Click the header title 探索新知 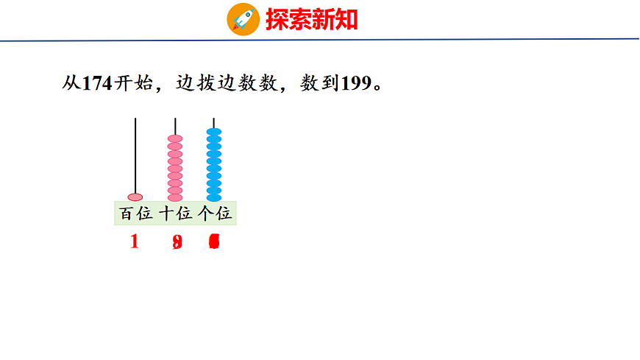(x=312, y=19)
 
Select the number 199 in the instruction (x=357, y=83)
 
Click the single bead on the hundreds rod (x=135, y=197)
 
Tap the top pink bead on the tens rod (x=175, y=138)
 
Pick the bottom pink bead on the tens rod (x=175, y=197)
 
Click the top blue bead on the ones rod (x=214, y=133)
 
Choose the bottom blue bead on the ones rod (x=214, y=197)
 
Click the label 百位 (x=135, y=214)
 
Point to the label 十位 (x=175, y=214)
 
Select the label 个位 (x=215, y=214)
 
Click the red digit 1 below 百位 (x=134, y=241)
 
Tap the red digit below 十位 (x=177, y=242)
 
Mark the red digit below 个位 (x=214, y=242)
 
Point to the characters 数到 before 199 (x=319, y=83)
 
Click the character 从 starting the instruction (x=71, y=83)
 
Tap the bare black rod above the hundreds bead (x=135, y=155)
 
